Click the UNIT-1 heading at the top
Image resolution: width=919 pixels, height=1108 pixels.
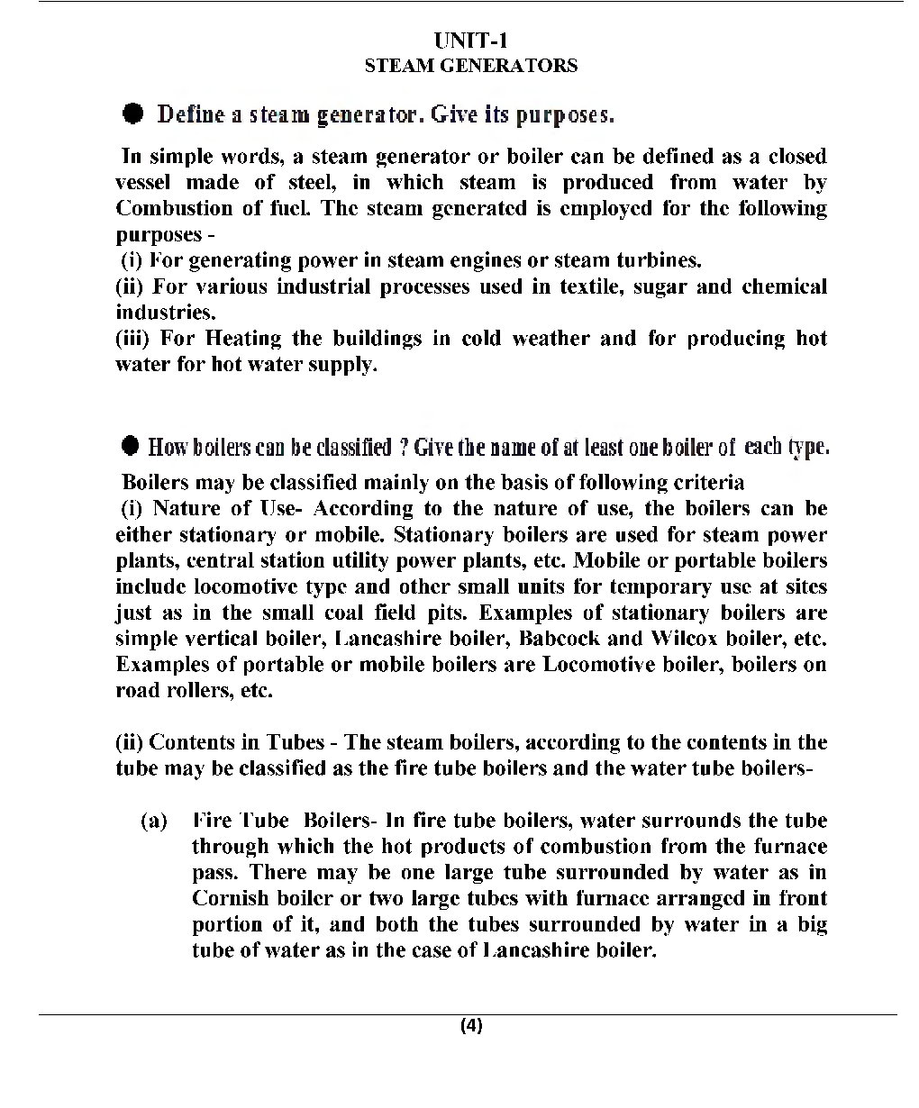(471, 41)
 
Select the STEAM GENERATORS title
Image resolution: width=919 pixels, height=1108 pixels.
(471, 66)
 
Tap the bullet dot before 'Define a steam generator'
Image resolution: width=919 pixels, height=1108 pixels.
(132, 114)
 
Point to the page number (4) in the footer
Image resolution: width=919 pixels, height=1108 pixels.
(471, 1026)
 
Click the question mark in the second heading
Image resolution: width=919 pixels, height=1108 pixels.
(405, 447)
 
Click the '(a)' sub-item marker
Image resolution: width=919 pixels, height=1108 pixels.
(154, 822)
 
